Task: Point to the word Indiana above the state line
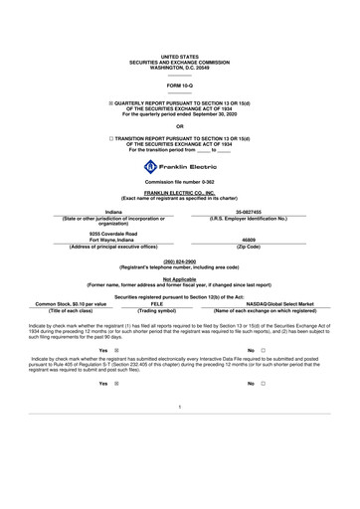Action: click(113, 213)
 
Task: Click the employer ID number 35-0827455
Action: click(248, 213)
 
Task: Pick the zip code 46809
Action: click(248, 240)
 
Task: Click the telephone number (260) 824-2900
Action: click(179, 261)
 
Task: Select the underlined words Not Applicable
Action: click(179, 278)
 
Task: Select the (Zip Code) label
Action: click(248, 247)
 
